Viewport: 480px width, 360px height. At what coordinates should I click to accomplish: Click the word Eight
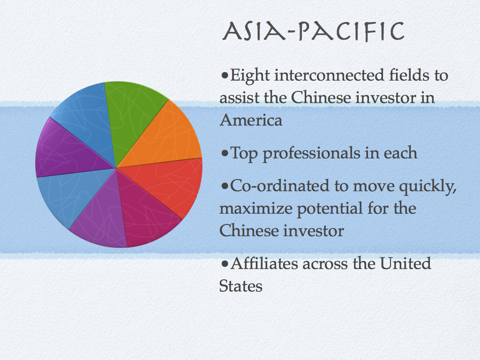click(x=250, y=75)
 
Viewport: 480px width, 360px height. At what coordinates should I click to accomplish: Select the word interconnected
click(x=329, y=75)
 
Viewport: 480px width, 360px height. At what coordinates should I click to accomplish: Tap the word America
click(x=251, y=120)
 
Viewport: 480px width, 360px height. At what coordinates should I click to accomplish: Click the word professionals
click(x=312, y=154)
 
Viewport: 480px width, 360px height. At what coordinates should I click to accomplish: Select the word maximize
click(x=255, y=209)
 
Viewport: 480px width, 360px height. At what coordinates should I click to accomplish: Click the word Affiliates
click(x=264, y=263)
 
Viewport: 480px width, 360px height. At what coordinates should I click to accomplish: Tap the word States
click(x=240, y=286)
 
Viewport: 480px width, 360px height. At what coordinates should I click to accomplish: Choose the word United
click(x=405, y=263)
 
